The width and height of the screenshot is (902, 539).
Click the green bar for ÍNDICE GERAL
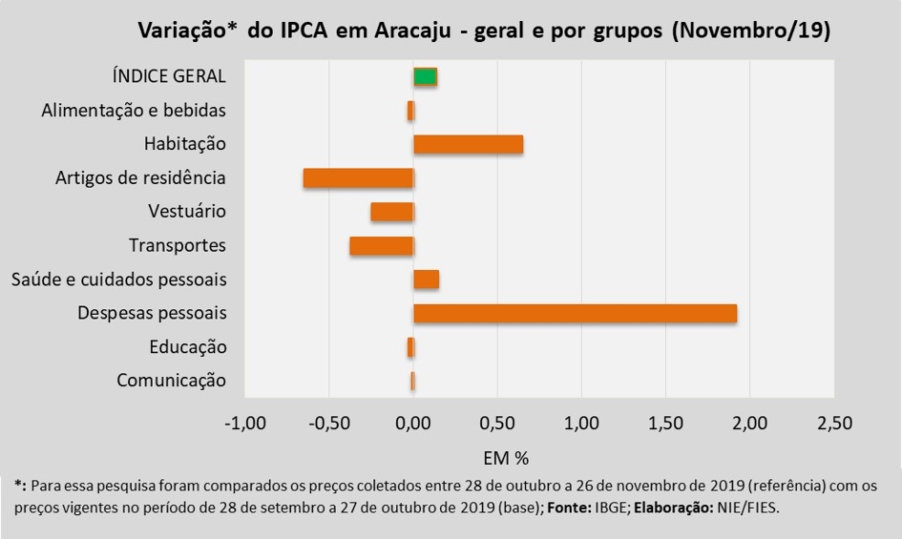425,77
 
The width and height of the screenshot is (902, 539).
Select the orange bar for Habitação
468,144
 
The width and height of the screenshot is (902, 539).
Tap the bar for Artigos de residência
358,178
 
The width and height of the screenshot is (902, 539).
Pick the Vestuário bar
391,212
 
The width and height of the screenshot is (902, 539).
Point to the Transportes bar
381,246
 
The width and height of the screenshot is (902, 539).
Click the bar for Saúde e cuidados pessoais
426,280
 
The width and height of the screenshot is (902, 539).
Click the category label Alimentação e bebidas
134,111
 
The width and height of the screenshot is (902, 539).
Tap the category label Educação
188,347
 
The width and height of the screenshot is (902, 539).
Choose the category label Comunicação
172,381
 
